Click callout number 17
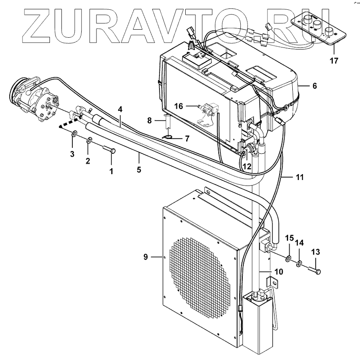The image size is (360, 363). pyautogui.click(x=334, y=61)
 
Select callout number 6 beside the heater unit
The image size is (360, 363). pyautogui.click(x=314, y=86)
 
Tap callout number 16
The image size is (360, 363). pyautogui.click(x=179, y=106)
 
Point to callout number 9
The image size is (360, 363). pyautogui.click(x=146, y=256)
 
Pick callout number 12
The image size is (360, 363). pyautogui.click(x=247, y=166)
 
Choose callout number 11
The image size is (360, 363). pyautogui.click(x=300, y=178)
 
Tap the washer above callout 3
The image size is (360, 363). pyautogui.click(x=74, y=135)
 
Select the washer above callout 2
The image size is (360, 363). pyautogui.click(x=89, y=141)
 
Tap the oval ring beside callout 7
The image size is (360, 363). pyautogui.click(x=168, y=137)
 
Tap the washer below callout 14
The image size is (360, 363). pyautogui.click(x=299, y=264)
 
